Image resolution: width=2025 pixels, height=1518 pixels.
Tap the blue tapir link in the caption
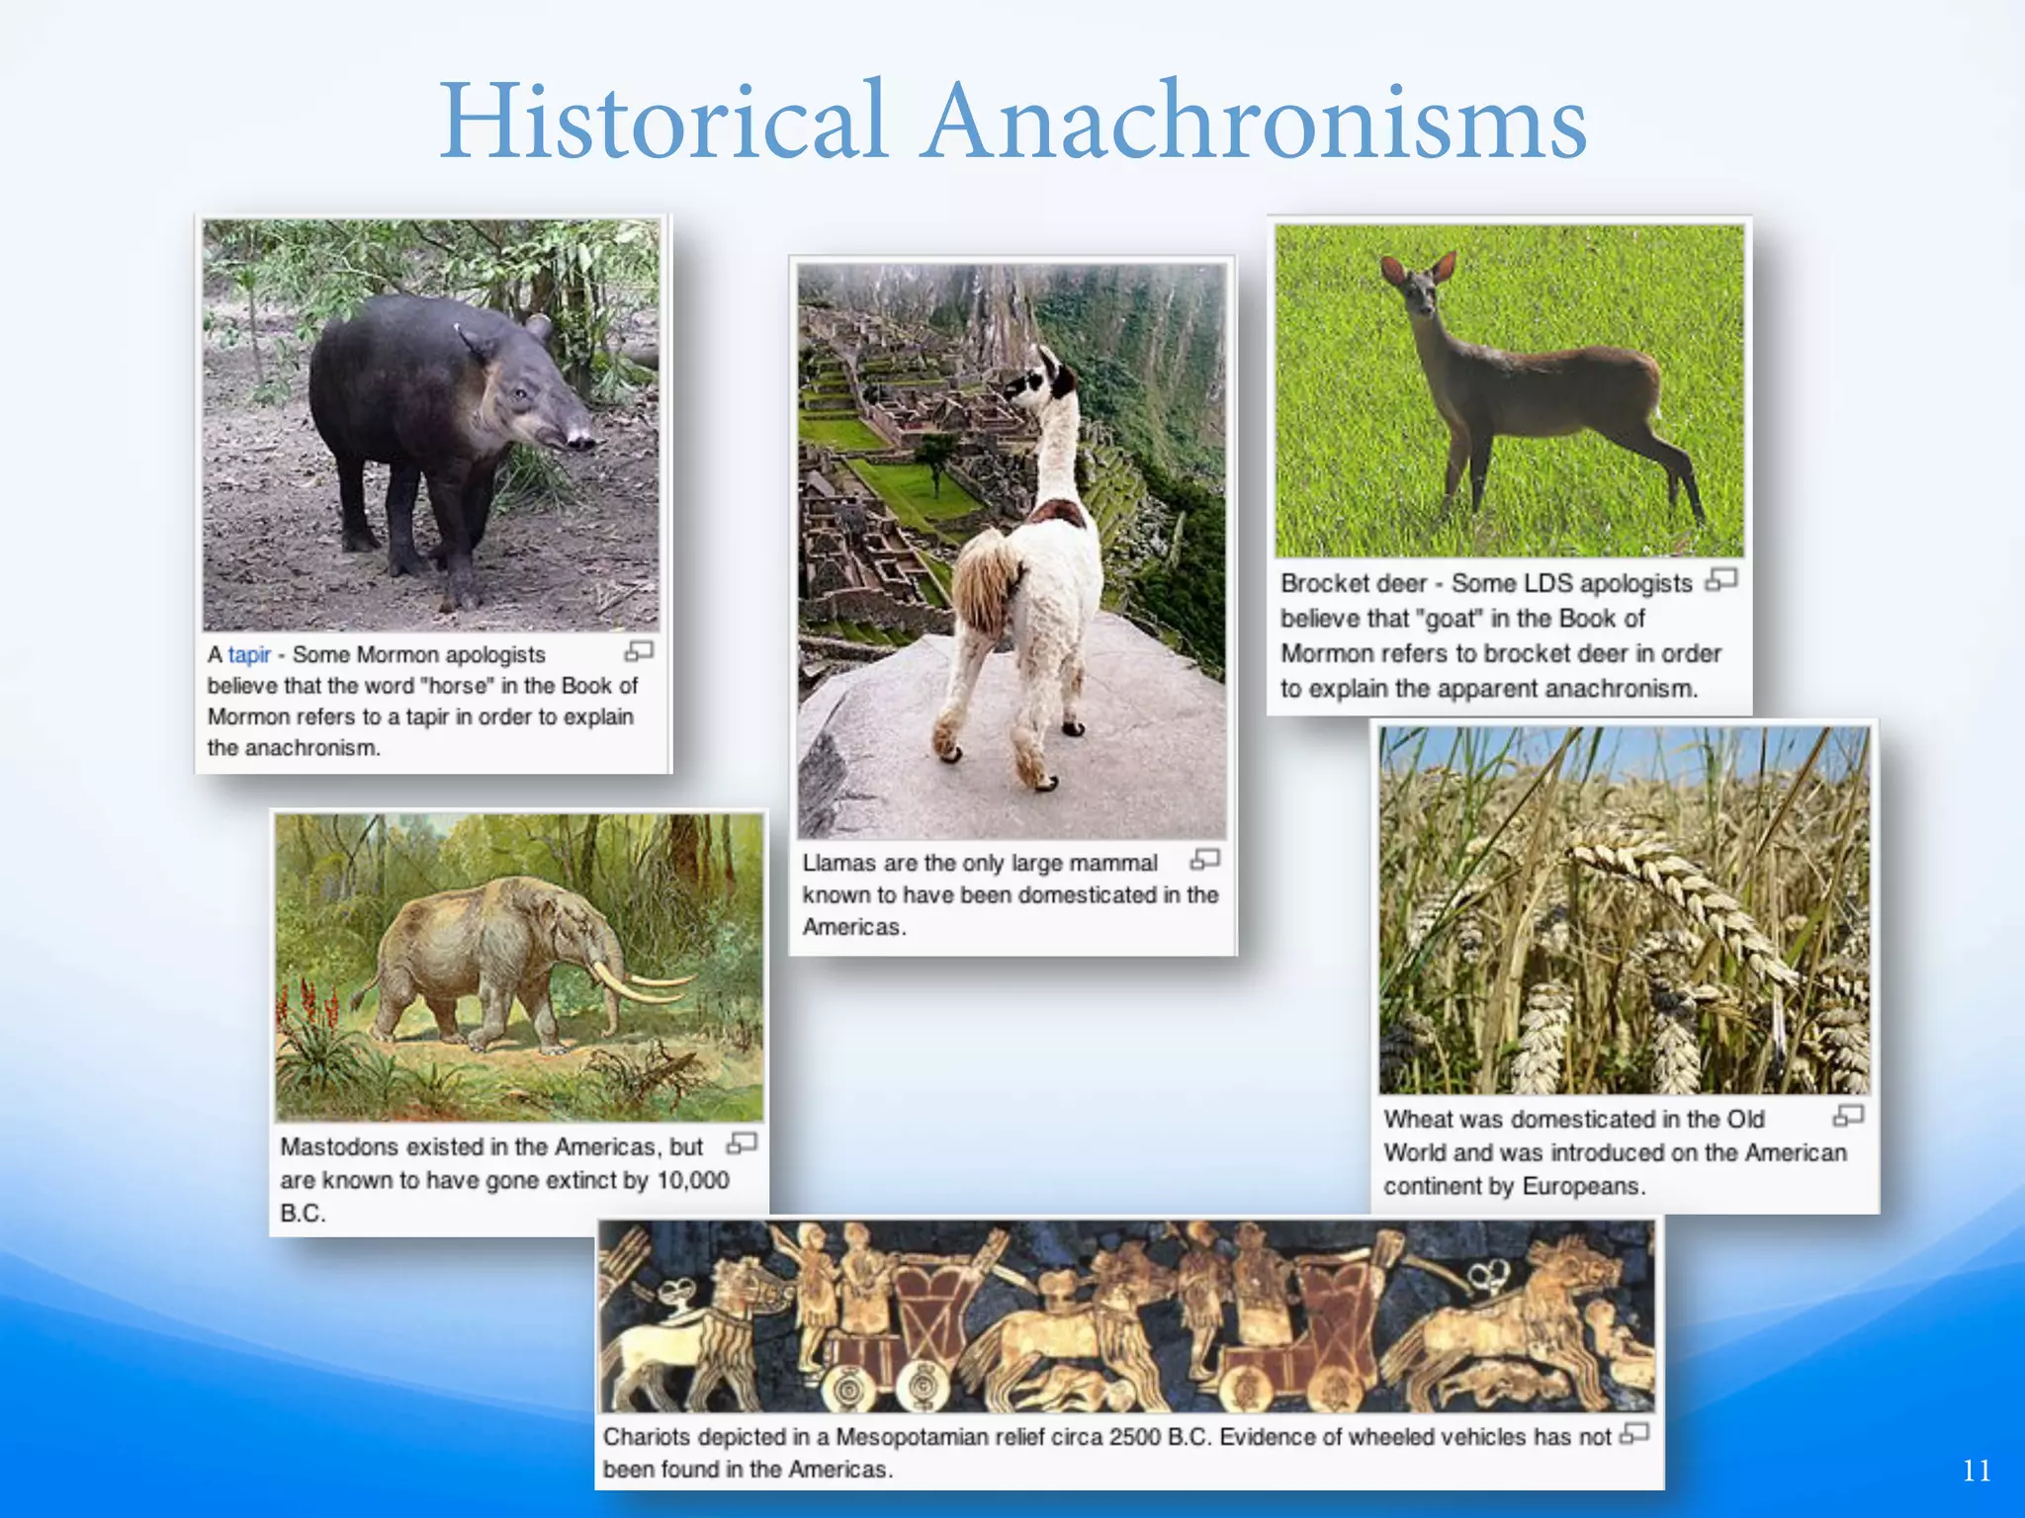(x=249, y=654)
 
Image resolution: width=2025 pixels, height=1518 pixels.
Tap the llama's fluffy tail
(x=985, y=583)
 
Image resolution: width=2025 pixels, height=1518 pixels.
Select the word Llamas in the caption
(x=838, y=863)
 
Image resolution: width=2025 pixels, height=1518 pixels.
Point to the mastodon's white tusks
(x=643, y=983)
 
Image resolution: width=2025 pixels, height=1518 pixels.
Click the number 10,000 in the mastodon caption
(x=693, y=1180)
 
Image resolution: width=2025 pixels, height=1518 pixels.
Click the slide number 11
(x=1977, y=1471)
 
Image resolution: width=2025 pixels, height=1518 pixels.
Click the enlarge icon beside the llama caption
(x=1205, y=860)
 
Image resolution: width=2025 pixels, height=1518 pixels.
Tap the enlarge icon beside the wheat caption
(x=1848, y=1116)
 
